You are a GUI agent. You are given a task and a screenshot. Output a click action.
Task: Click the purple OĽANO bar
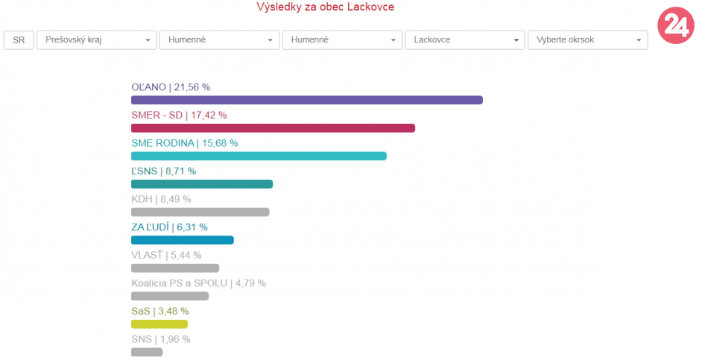(306, 100)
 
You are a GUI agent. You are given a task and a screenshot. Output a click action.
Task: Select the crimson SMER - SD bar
(273, 128)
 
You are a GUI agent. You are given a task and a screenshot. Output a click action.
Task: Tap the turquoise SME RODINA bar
(259, 156)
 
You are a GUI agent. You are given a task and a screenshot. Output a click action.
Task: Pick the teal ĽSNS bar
(202, 184)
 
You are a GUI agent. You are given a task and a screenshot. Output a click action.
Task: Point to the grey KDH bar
(200, 212)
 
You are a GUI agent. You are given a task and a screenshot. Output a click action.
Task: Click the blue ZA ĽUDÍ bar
(182, 240)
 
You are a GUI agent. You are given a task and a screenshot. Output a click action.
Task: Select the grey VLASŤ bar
(175, 268)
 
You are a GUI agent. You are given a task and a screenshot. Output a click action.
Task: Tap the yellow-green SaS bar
(159, 323)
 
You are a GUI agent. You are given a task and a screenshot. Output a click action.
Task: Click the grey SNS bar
(147, 352)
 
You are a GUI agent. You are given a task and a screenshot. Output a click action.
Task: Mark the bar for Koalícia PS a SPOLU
(170, 296)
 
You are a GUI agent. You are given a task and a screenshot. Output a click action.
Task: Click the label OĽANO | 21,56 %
(171, 87)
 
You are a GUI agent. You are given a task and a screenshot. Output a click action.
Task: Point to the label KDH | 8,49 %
(161, 199)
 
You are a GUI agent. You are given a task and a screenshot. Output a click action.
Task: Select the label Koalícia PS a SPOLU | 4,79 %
(198, 283)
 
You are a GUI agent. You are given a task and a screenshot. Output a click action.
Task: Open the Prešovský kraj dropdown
(97, 40)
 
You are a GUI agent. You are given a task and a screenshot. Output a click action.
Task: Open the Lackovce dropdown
(465, 40)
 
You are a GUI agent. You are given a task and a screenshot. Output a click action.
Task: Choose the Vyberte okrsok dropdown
(587, 40)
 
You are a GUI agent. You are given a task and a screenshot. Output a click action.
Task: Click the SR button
(19, 40)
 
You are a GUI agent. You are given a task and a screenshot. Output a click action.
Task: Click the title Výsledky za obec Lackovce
(325, 7)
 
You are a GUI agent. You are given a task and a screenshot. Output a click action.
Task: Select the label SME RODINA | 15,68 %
(184, 143)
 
